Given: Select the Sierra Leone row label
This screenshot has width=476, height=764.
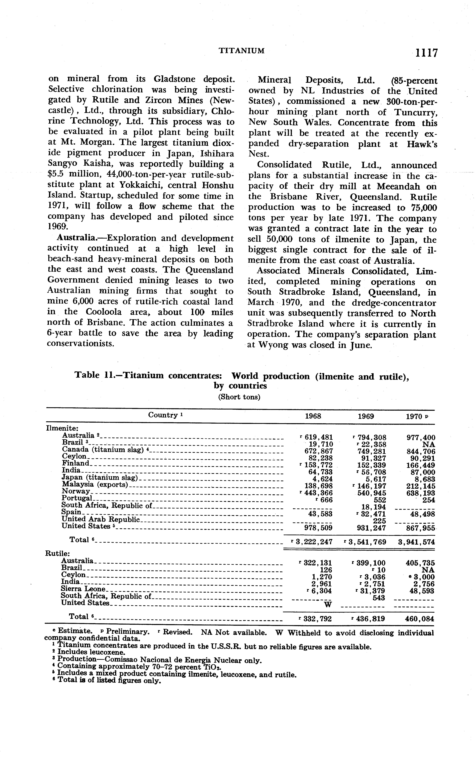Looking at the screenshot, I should [83, 589].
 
